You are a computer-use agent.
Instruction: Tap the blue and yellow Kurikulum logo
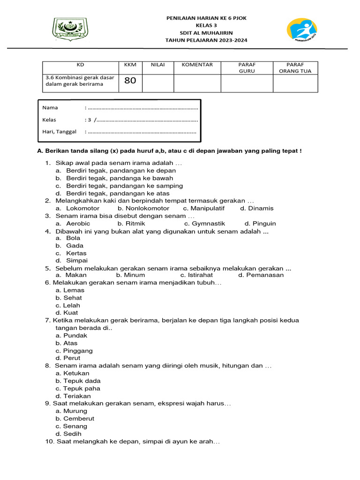301,30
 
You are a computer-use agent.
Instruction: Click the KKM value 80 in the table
130,81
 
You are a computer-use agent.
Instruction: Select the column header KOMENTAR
197,65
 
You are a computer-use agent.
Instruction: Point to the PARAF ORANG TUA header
295,68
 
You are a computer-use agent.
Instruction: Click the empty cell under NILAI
157,83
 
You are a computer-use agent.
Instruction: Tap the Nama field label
50,108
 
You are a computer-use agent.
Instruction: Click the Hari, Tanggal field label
59,132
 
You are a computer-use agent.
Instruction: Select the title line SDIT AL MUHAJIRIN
206,33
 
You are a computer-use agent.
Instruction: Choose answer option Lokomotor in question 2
82,209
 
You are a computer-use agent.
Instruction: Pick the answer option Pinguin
264,224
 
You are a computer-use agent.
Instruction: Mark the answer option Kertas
76,253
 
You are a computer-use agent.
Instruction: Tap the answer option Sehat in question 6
73,298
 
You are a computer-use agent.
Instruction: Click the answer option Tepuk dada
82,381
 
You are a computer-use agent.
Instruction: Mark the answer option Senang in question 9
75,426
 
